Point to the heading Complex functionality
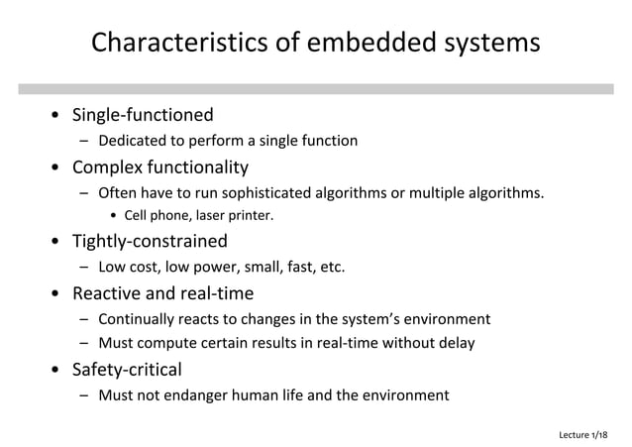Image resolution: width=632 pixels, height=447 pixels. pyautogui.click(x=159, y=166)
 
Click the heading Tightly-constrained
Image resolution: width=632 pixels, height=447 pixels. pyautogui.click(x=150, y=241)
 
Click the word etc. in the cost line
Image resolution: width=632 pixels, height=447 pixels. pyautogui.click(x=328, y=267)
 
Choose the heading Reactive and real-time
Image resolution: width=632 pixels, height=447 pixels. pyautogui.click(x=162, y=292)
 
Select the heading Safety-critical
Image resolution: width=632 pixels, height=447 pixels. pyautogui.click(x=127, y=370)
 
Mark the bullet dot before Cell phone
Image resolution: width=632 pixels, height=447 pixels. pyautogui.click(x=115, y=216)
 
